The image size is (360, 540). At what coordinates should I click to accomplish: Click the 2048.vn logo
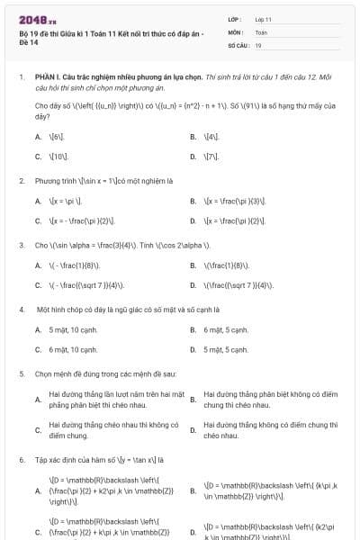pyautogui.click(x=38, y=19)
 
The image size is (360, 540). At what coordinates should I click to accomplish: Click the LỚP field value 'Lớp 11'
pyautogui.click(x=263, y=19)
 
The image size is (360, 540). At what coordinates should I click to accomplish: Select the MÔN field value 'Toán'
pyautogui.click(x=261, y=31)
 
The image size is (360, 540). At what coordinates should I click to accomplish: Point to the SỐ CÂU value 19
pyautogui.click(x=258, y=44)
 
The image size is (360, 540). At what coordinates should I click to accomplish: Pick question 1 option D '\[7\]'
pyautogui.click(x=211, y=156)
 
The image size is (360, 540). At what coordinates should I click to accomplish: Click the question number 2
pyautogui.click(x=21, y=181)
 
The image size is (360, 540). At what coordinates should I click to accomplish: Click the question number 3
pyautogui.click(x=21, y=245)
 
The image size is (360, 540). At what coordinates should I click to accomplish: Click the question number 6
pyautogui.click(x=21, y=460)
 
